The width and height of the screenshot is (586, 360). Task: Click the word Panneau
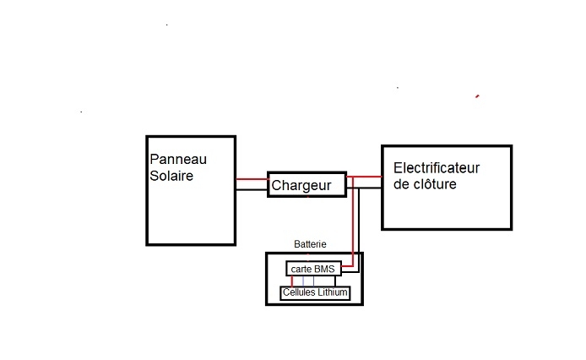point(178,160)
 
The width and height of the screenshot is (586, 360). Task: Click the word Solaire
point(171,176)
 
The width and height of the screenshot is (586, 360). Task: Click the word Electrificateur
point(442,167)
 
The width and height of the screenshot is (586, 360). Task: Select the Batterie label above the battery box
point(310,244)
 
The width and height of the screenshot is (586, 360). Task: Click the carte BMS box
point(312,269)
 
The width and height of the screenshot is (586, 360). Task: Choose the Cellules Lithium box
point(314,292)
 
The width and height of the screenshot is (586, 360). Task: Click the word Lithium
point(331,292)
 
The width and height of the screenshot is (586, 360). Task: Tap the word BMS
point(323,269)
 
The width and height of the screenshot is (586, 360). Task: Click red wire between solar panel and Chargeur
point(252,179)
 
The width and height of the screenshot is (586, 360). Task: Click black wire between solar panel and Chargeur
point(252,188)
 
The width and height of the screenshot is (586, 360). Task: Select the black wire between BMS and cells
point(336,281)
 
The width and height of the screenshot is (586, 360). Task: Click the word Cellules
point(299,292)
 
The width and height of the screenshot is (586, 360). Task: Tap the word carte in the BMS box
point(301,269)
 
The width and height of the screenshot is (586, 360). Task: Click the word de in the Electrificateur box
point(401,183)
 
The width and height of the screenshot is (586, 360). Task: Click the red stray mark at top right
point(478,96)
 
